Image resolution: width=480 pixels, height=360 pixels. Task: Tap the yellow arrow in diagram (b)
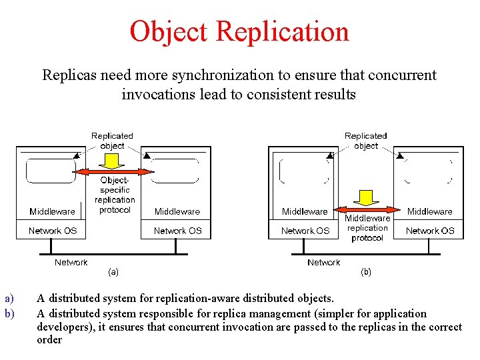coord(365,198)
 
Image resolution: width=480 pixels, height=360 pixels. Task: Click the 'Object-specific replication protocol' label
coord(115,195)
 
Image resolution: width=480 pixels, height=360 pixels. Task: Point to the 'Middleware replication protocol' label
coord(367,228)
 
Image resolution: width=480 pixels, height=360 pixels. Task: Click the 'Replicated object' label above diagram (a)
coord(112,141)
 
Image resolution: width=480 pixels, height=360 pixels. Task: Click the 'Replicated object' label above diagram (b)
coord(366,141)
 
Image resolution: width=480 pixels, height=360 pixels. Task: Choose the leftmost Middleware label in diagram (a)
coord(52,211)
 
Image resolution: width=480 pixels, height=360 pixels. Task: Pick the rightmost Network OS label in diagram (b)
coord(430,231)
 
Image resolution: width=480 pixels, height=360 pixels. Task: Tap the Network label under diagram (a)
coord(71,262)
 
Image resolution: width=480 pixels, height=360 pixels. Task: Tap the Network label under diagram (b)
coord(324,262)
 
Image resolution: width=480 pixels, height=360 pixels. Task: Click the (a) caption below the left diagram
coord(113,271)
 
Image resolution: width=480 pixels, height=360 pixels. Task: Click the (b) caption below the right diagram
coord(366,271)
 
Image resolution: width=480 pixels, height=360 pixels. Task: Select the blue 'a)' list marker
coord(9,299)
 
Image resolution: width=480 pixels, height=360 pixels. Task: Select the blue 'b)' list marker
coord(9,313)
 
